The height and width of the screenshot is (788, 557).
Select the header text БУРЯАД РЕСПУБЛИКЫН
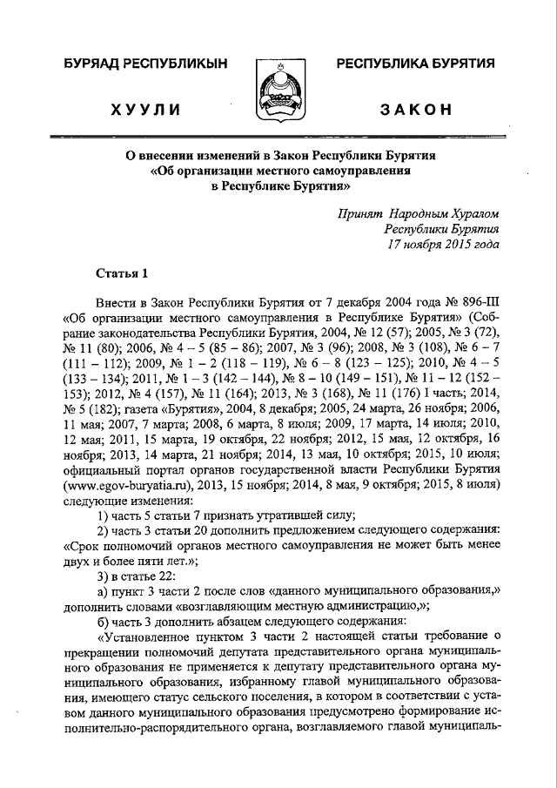(144, 63)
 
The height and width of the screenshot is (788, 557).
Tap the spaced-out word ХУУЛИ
(145, 109)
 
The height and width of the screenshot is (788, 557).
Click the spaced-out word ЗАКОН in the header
(416, 109)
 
